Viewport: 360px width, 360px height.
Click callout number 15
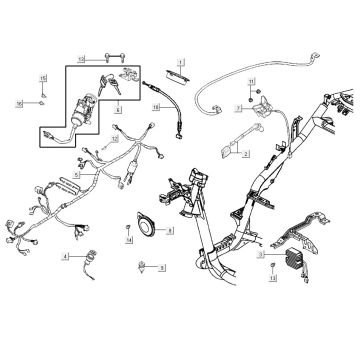pyautogui.click(x=44, y=77)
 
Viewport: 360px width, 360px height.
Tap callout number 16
pyautogui.click(x=18, y=102)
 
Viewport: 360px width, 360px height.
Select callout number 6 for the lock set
pyautogui.click(x=117, y=109)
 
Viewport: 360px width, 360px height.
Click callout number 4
pyautogui.click(x=65, y=257)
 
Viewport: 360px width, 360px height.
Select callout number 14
pyautogui.click(x=129, y=241)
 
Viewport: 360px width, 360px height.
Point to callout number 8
pyautogui.click(x=169, y=231)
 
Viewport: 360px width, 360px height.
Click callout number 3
pyautogui.click(x=261, y=256)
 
